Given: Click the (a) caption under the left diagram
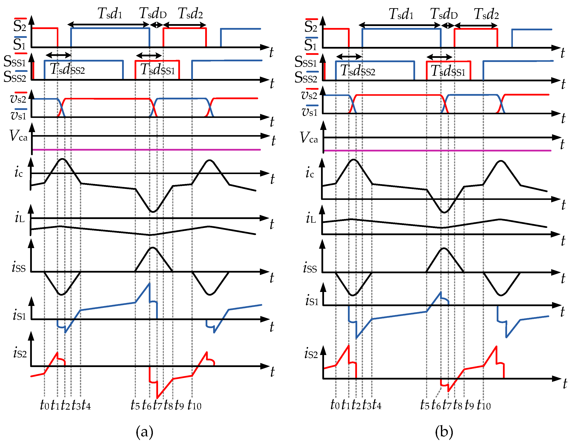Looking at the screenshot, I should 144,431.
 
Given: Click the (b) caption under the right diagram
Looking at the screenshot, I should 444,431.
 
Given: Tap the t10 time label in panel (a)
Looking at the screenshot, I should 194,405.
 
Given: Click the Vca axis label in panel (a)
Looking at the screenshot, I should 18,136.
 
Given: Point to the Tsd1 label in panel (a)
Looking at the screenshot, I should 110,14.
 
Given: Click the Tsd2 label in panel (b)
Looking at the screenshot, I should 486,14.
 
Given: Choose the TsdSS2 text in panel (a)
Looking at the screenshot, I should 68,69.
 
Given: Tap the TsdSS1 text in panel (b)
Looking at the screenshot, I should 448,71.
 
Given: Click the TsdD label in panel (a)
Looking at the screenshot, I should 153,13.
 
